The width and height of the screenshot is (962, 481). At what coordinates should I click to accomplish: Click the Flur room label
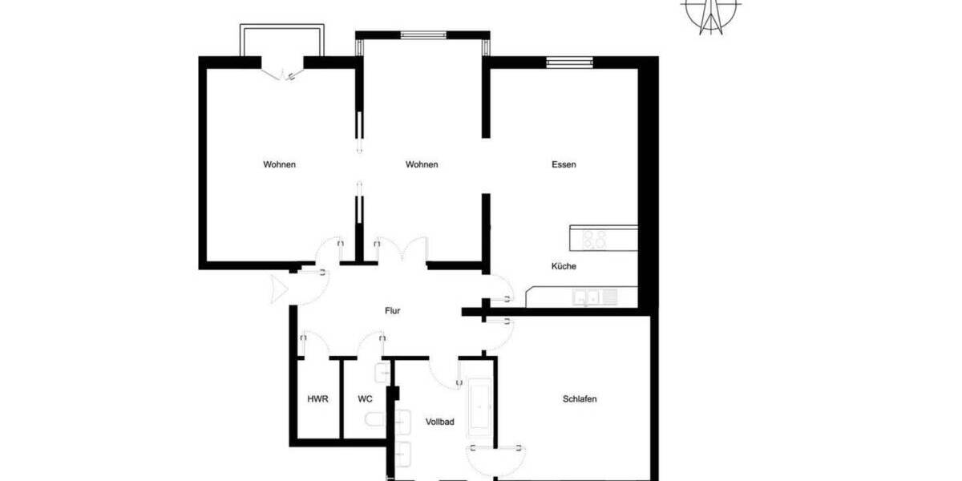(x=392, y=310)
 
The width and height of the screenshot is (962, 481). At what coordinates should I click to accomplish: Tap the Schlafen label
(x=579, y=398)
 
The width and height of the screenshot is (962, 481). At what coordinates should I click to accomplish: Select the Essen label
(x=564, y=164)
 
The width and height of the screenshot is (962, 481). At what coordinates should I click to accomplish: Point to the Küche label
(x=563, y=266)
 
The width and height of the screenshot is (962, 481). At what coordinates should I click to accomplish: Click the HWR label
(x=316, y=398)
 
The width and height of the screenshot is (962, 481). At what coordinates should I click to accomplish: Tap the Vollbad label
(x=440, y=421)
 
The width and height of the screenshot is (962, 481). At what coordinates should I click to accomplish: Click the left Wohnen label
(x=280, y=164)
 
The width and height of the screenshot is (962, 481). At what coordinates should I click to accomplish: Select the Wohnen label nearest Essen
(x=422, y=164)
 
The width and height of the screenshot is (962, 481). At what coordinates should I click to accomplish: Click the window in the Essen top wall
(x=569, y=62)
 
